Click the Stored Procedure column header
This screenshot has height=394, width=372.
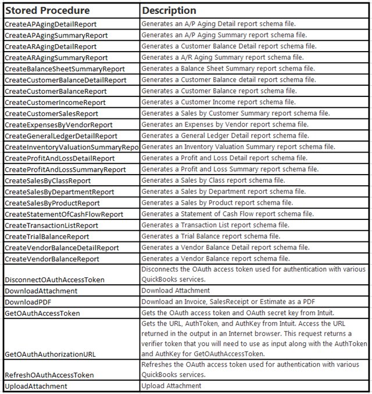[47, 10]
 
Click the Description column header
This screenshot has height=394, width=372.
[169, 10]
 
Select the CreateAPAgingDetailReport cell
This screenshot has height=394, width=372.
[51, 24]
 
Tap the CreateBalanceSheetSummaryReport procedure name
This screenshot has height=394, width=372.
[65, 68]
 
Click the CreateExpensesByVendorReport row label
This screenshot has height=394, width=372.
[59, 125]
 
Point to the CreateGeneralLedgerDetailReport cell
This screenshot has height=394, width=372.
[61, 136]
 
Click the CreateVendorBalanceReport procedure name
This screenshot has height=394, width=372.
[52, 259]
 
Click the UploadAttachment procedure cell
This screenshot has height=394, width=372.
[36, 386]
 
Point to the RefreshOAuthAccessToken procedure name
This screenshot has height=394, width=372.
[49, 375]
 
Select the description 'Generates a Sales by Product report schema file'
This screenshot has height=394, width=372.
[218, 203]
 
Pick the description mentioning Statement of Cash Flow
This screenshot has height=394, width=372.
[228, 214]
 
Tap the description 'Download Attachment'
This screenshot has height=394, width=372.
[176, 291]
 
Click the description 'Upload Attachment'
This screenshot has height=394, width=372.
[170, 386]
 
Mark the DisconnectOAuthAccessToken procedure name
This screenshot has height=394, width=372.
[55, 280]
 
